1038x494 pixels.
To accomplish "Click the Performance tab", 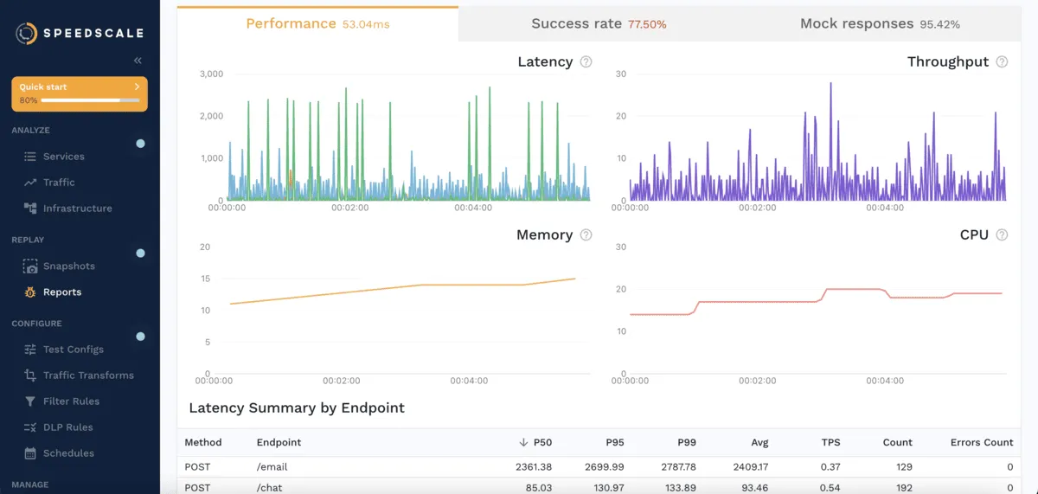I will click(317, 24).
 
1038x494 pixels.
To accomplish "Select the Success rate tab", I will click(599, 24).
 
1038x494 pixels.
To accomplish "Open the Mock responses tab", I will click(880, 24).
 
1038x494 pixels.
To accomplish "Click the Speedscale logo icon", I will click(27, 34).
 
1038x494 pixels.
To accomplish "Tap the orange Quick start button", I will click(80, 93).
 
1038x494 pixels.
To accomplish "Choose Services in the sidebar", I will click(63, 157).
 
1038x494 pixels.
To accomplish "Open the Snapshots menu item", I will click(68, 266).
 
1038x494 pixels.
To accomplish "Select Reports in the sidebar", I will click(61, 292).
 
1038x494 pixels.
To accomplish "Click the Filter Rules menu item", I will click(71, 401).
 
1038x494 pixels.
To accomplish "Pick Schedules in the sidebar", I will click(68, 453).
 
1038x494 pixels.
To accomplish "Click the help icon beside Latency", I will click(586, 62).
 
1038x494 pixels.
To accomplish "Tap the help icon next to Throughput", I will click(1002, 62).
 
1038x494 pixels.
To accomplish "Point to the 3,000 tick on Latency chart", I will click(211, 74).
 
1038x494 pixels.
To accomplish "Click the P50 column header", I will click(542, 442).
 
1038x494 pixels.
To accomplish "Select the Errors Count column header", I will click(981, 442).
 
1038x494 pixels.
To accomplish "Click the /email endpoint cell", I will click(272, 467).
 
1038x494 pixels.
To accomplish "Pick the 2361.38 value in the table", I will click(533, 467).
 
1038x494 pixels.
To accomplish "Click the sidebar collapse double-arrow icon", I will click(138, 61).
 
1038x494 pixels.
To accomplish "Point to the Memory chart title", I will click(544, 235).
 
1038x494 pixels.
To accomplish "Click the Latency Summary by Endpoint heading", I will click(297, 407).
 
